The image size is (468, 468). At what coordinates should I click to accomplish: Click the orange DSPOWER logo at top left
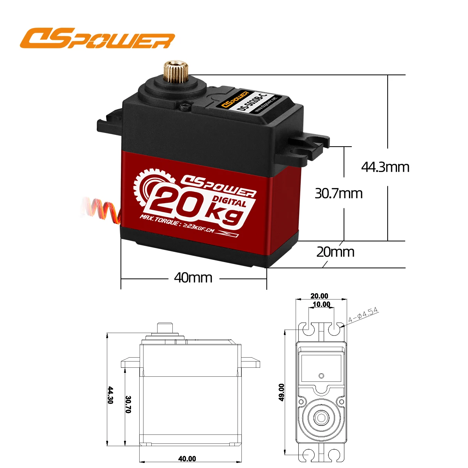click(x=97, y=39)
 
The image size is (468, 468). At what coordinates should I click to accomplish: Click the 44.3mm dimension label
click(x=385, y=167)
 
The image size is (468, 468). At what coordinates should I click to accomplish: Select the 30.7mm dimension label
click(x=339, y=193)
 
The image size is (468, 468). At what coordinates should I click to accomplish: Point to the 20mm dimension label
click(x=335, y=252)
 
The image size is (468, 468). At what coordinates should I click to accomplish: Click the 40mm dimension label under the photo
click(x=193, y=278)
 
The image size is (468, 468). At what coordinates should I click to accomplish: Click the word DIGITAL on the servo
click(x=230, y=202)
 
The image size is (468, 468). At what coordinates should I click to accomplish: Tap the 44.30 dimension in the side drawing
click(x=110, y=395)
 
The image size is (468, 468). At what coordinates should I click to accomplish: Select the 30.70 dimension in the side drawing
click(x=128, y=405)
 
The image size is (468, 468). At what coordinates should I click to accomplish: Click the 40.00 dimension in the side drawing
click(x=187, y=459)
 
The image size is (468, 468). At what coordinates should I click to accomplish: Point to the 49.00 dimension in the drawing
click(x=282, y=392)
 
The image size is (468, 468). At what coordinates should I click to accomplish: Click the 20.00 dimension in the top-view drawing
click(x=319, y=296)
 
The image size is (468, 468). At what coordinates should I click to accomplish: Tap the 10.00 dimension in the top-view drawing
click(x=321, y=304)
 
